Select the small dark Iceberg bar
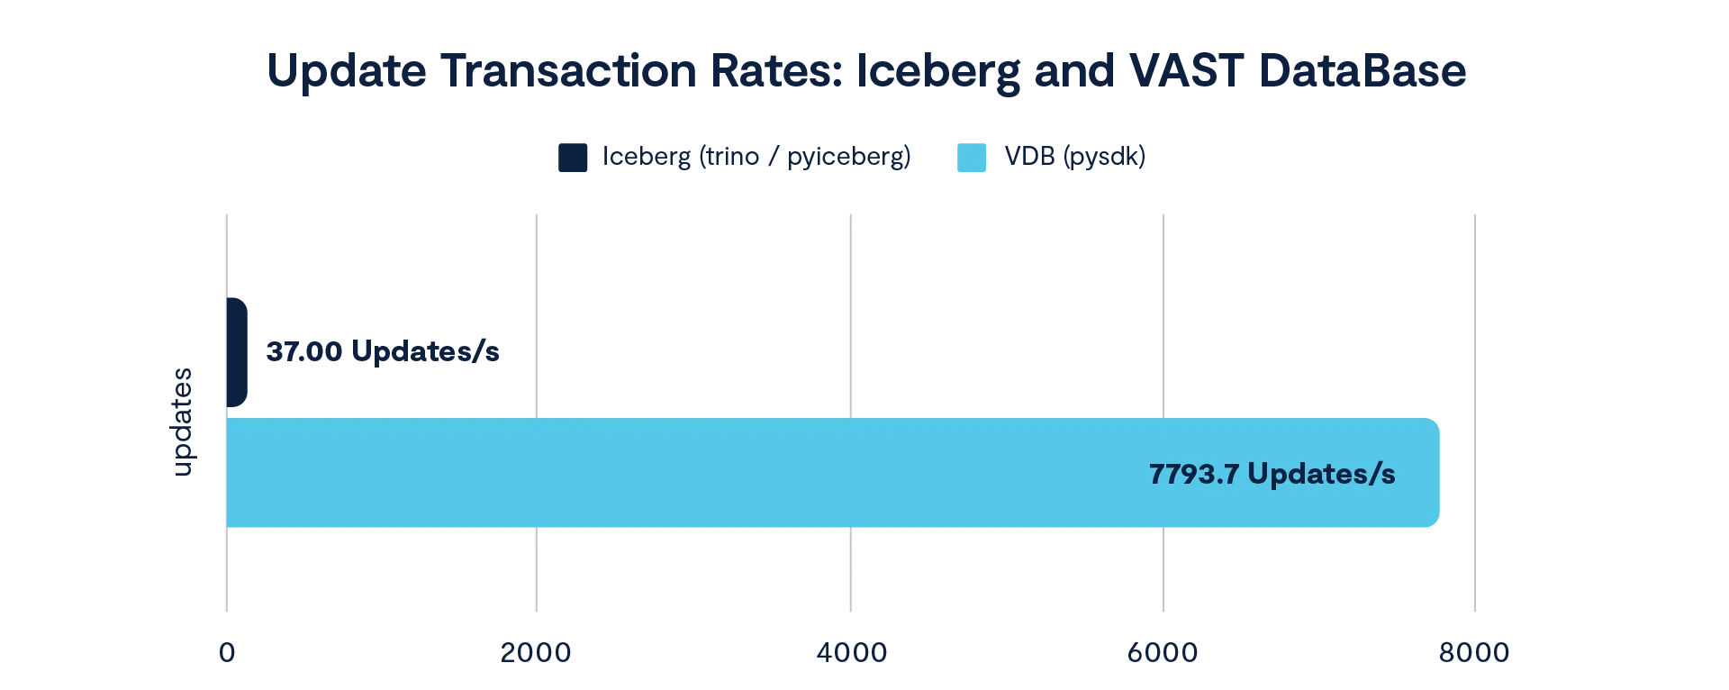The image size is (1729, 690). pos(237,353)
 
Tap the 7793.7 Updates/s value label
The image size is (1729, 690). pos(1272,474)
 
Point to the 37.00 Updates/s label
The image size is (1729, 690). pos(384,353)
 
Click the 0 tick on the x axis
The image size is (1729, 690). pos(227,652)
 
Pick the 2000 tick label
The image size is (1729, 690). pos(537,652)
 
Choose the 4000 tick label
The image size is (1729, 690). pos(850,652)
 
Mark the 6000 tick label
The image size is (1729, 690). pos(1163,652)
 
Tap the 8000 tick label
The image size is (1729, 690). pos(1474,652)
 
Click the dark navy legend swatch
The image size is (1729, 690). pos(573,157)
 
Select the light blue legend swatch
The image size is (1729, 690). pos(969,157)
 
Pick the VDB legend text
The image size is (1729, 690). pos(1075,158)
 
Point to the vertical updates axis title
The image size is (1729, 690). pos(184,420)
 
